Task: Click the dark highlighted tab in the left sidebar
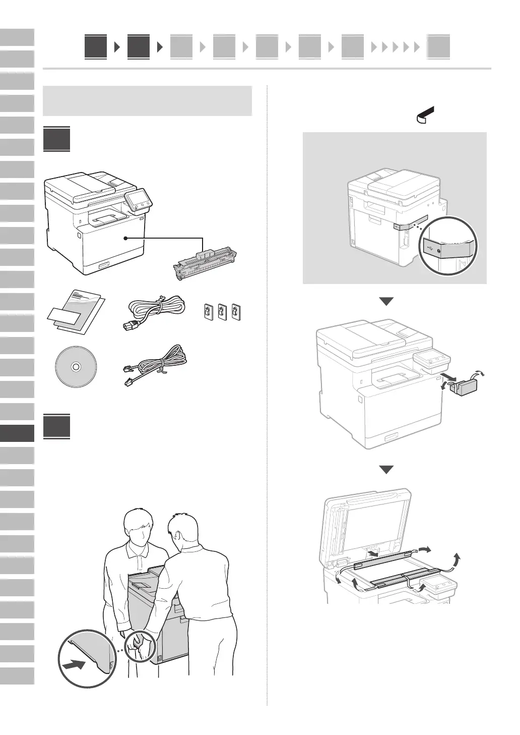click(17, 433)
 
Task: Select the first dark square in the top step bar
click(96, 47)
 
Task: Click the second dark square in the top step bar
click(139, 47)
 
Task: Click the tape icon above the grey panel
click(425, 116)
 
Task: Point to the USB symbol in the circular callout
click(429, 248)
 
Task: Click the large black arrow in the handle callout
click(75, 666)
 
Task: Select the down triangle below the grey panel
click(386, 302)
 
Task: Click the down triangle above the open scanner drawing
click(386, 470)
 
